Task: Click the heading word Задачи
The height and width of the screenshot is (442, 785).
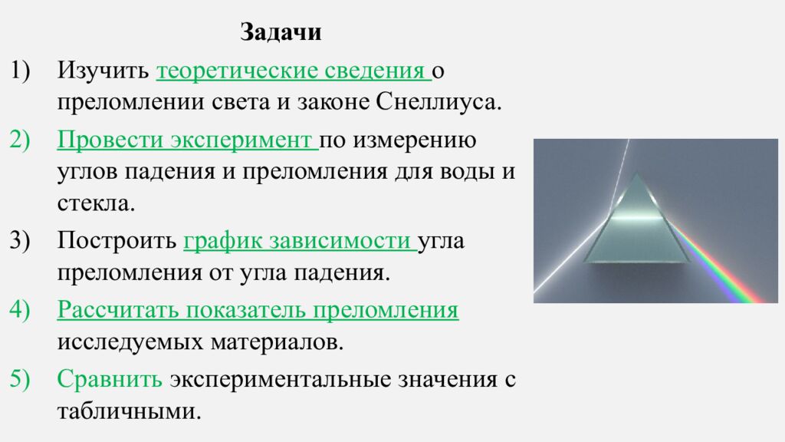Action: (281, 33)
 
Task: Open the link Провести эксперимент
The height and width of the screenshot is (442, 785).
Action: (186, 140)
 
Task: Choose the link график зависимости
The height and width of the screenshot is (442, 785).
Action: (299, 241)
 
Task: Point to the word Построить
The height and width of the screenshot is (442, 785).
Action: (116, 241)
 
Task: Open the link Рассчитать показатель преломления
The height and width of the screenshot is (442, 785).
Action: (258, 310)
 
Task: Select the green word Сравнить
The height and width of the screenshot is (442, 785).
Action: (110, 379)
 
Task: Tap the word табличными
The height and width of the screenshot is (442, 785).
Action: (128, 411)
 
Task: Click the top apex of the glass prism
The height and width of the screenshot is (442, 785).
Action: (636, 174)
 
